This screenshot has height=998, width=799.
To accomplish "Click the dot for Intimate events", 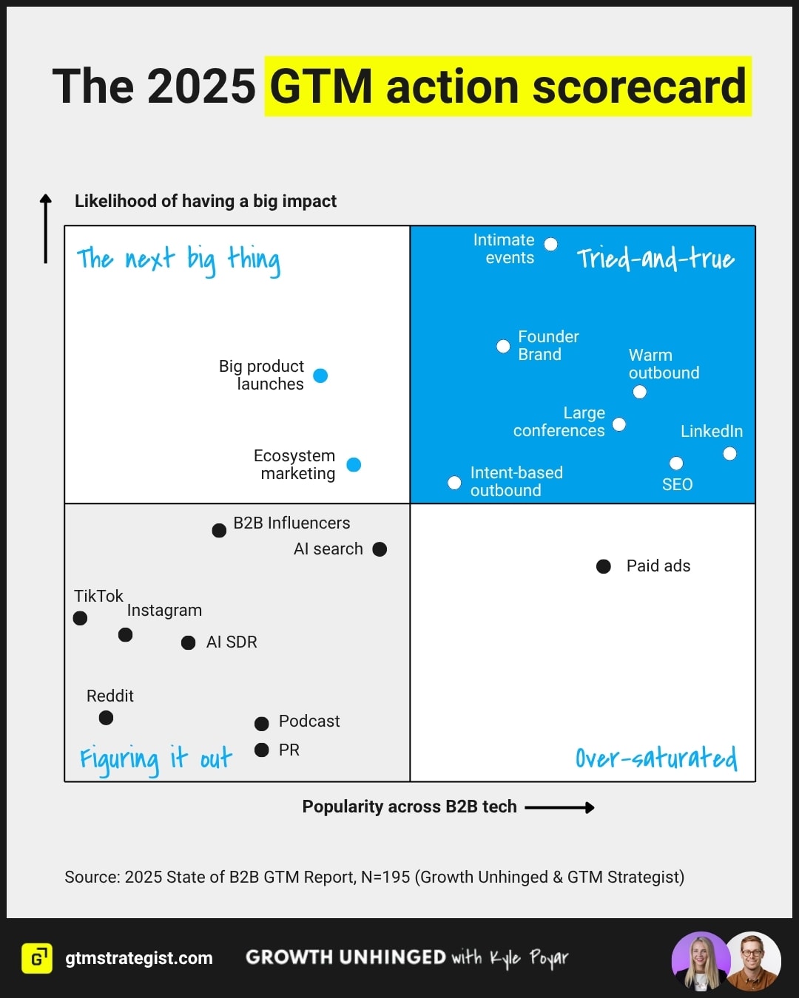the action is (550, 244).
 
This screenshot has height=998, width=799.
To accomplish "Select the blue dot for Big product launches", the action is (320, 376).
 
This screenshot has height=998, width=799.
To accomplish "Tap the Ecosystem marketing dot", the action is (354, 464).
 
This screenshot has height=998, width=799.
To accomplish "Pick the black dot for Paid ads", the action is (604, 566).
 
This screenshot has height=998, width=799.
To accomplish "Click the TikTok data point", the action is (81, 618).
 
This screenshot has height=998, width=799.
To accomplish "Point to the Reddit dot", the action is (106, 718).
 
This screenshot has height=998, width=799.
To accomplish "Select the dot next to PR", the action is (261, 750).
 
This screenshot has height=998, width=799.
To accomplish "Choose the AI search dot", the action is (380, 549).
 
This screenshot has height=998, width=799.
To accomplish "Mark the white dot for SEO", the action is (676, 464).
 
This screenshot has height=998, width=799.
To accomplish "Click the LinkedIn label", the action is (711, 431).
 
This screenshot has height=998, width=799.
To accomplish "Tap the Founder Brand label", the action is (548, 345).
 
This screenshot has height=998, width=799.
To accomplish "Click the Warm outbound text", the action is (664, 364).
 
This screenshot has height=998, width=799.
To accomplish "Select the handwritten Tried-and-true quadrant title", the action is (655, 258).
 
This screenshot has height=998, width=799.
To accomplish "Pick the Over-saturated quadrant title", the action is (656, 758).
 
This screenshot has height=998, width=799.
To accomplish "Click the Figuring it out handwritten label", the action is (156, 758).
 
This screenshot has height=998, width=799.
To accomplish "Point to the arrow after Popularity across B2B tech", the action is (559, 807).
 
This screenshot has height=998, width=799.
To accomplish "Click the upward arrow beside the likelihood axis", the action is (46, 228).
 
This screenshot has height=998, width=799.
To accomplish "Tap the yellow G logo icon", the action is (37, 958).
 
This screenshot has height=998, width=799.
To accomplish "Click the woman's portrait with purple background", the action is (700, 961).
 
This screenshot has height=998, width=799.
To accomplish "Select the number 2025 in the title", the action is (201, 86).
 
